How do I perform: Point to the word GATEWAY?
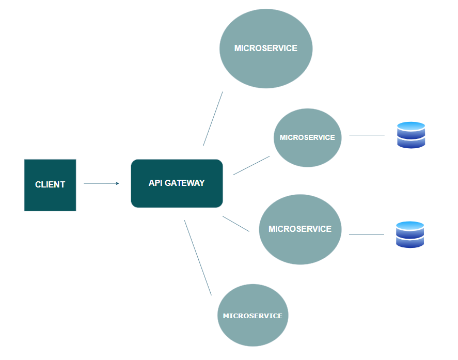coord(185,183)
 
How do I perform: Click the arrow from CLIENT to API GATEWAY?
coord(101,183)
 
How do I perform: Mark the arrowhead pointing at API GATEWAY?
coord(118,183)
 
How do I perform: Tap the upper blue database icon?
coord(411,135)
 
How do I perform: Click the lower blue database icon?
coord(410,234)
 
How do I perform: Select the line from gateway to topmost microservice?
coord(213,119)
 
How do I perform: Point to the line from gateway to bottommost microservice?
coord(198,257)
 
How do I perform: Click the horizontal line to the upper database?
coord(367,135)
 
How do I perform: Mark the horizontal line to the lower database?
coord(367,234)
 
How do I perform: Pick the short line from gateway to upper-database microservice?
coord(251,165)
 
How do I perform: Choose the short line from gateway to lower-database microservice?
coord(236,224)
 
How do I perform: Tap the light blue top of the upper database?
coord(411,126)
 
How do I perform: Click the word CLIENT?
coord(50,184)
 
